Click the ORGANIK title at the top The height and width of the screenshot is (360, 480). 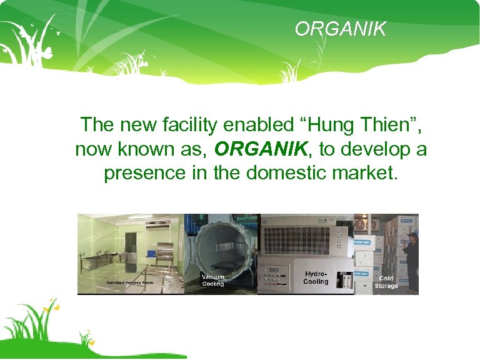coord(340,29)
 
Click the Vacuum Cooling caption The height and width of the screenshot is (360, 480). coord(213,280)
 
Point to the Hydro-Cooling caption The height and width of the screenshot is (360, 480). coord(316,277)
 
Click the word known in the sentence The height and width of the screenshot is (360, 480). coord(147,149)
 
